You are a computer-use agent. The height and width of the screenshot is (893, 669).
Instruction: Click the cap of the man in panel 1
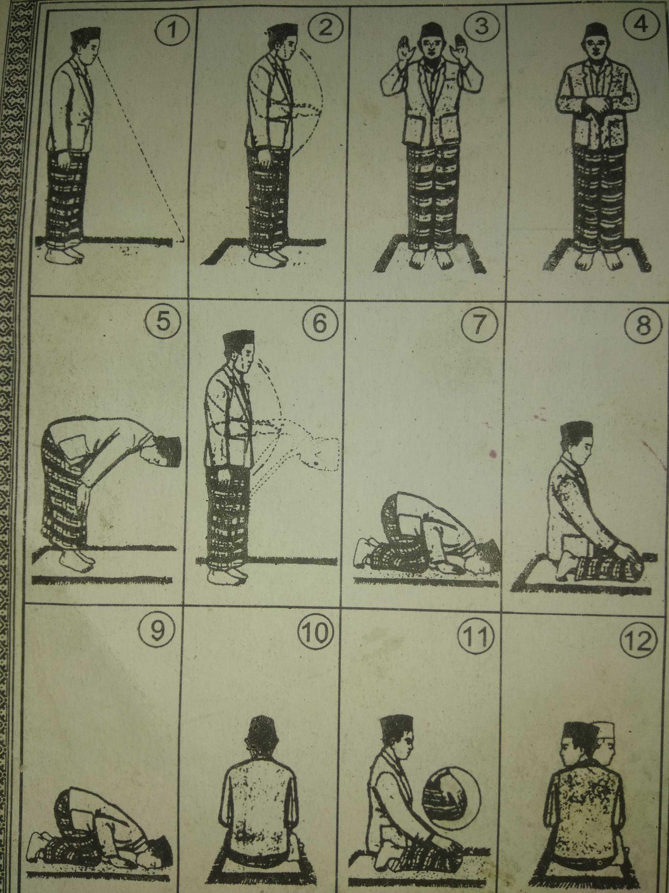pyautogui.click(x=83, y=36)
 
